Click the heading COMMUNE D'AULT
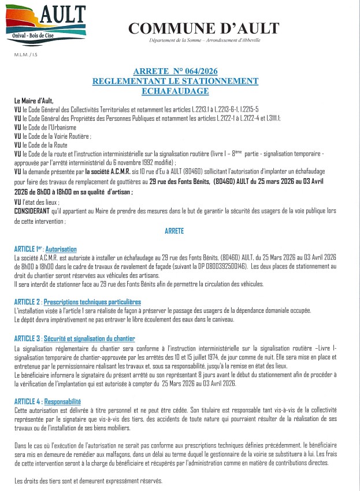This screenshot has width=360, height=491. pyautogui.click(x=203, y=28)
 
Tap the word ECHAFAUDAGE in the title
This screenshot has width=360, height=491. pyautogui.click(x=175, y=91)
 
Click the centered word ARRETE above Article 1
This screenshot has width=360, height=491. pyautogui.click(x=175, y=231)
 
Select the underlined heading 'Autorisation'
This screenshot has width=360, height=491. pyautogui.click(x=60, y=249)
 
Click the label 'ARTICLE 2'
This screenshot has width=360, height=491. pyautogui.click(x=27, y=302)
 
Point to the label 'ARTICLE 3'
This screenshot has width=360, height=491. pyautogui.click(x=27, y=338)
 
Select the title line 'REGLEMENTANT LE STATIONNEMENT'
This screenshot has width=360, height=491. pyautogui.click(x=175, y=81)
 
